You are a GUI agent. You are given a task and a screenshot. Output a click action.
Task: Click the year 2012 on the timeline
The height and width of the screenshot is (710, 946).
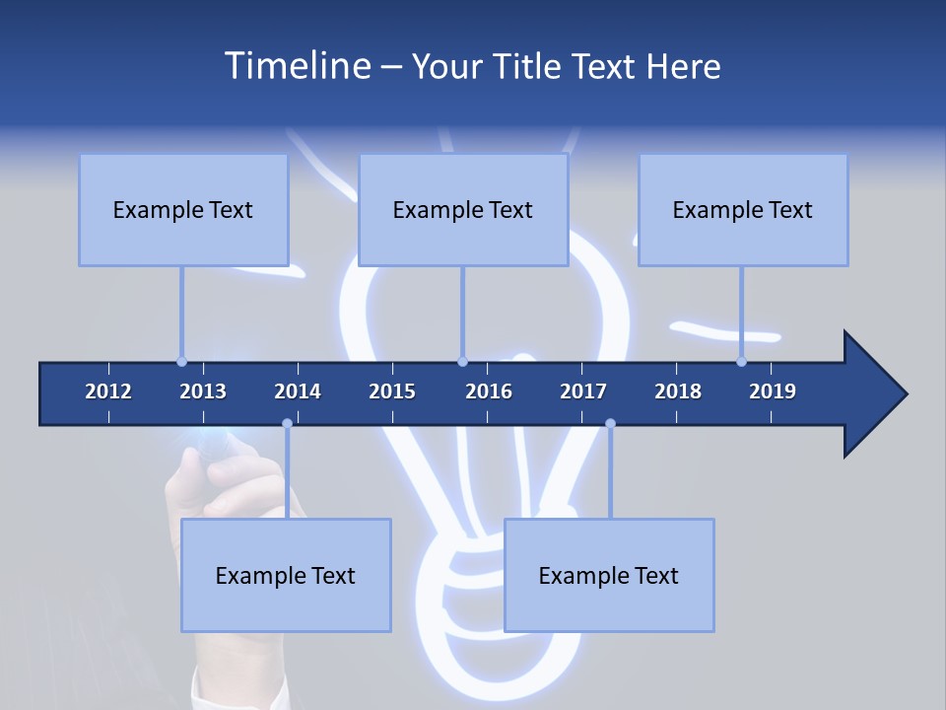click(108, 391)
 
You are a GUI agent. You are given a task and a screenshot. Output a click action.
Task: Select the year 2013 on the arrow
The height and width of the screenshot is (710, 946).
click(203, 391)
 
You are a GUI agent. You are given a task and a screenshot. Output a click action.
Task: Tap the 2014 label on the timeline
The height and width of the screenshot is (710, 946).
click(298, 391)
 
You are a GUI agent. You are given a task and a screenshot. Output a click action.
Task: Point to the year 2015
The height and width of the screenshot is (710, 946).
click(392, 391)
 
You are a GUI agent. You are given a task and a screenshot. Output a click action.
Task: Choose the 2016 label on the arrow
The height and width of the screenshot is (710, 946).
click(489, 391)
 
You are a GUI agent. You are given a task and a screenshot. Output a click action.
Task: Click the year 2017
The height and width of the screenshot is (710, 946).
click(583, 391)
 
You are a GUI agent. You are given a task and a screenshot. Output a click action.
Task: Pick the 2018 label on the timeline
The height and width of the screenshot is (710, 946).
click(678, 391)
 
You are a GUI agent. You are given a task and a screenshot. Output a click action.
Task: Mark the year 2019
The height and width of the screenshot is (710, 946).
click(773, 391)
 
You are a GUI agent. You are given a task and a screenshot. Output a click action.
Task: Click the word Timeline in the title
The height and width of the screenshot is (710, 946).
click(297, 66)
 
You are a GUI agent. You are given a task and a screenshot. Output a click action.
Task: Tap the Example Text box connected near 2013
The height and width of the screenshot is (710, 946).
click(183, 209)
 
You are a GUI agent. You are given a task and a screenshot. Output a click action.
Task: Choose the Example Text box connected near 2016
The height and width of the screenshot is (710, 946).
click(463, 209)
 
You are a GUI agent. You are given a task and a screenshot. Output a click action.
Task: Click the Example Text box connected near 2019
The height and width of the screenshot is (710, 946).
click(743, 209)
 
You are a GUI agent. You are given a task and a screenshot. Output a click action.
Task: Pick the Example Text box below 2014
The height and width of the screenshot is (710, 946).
click(286, 575)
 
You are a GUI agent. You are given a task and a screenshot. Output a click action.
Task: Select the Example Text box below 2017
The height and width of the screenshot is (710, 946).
click(609, 575)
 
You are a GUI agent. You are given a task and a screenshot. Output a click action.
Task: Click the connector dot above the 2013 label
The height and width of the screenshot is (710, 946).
click(181, 361)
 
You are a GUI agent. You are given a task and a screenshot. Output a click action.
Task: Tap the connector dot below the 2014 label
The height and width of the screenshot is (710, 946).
click(287, 424)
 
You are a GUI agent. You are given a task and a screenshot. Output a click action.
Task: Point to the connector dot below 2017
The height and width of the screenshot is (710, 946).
click(610, 424)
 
